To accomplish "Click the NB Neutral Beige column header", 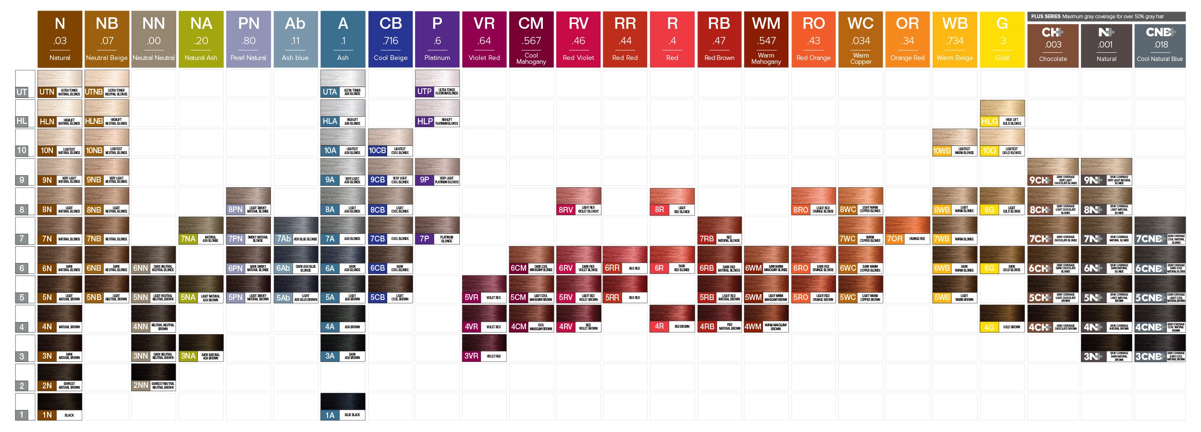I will [x=107, y=39].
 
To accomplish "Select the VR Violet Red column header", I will [x=484, y=39].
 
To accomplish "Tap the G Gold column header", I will [x=1002, y=39].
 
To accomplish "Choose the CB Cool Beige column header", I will [x=390, y=39].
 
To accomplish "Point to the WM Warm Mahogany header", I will [x=766, y=39].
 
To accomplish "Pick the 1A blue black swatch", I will [x=343, y=407].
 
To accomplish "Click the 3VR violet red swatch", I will [x=484, y=348].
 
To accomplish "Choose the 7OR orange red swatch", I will [x=907, y=230].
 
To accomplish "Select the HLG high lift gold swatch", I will [x=1002, y=113].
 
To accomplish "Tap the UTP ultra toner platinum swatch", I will [x=437, y=84].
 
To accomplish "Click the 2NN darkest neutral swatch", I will [x=154, y=377].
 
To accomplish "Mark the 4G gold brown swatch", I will [x=1002, y=319].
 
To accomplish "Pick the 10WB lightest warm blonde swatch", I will [x=955, y=143].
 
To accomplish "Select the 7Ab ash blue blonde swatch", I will [x=295, y=230].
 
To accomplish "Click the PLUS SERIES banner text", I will [x=1097, y=16].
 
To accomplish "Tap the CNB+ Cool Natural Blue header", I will [x=1160, y=45].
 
